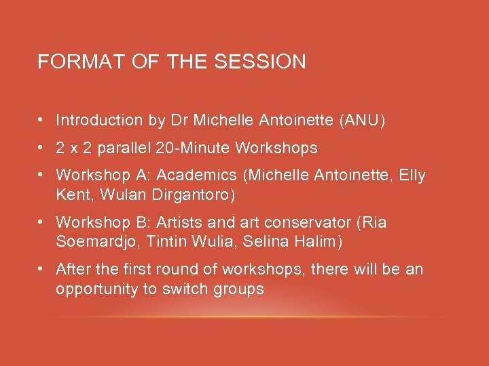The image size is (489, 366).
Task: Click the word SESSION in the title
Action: pos(260,62)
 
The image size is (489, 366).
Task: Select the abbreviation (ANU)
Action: pos(362,121)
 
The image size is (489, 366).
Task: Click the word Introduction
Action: pos(99,121)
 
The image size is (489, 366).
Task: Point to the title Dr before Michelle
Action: pos(178,121)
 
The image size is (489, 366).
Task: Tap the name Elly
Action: pos(412,176)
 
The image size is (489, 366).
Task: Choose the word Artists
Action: pos(180,222)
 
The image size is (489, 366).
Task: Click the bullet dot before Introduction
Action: pos(41,121)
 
